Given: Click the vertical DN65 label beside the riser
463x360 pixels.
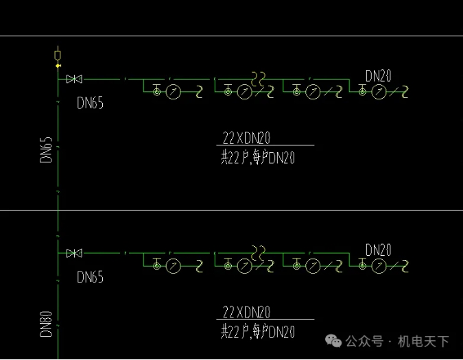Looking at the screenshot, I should coord(46,150).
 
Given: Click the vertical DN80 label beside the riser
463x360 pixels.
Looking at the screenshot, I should coord(46,324).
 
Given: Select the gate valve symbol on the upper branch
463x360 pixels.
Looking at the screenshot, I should coord(74,80).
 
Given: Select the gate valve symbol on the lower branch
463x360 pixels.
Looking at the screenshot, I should coord(74,253).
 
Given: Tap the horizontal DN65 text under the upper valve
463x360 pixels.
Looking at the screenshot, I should coord(91,104).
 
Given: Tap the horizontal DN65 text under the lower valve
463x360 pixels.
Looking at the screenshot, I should coord(91,277).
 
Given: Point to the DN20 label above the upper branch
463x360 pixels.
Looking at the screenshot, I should coord(378,75).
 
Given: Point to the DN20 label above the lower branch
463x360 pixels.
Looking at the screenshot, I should coord(378,250).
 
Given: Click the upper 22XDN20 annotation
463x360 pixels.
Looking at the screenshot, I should coord(247,139).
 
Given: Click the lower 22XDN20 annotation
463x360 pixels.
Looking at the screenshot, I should coord(247,312).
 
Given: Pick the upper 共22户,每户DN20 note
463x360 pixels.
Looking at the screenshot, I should coord(257,158).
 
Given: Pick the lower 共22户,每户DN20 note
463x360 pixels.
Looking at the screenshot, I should coord(257,332).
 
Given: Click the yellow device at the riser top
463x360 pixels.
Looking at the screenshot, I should coord(58,54).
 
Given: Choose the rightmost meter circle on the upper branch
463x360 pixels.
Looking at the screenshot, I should coord(377,92).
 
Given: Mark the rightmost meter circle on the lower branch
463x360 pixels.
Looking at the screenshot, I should coord(377,265).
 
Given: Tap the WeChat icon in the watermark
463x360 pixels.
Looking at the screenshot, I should coord(333,341).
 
